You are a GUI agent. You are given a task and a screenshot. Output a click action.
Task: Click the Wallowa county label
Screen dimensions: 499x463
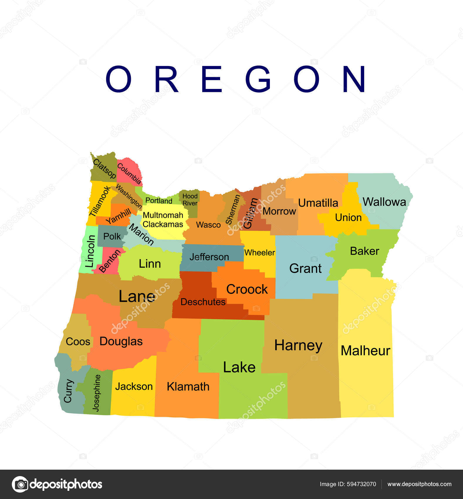[x=384, y=202]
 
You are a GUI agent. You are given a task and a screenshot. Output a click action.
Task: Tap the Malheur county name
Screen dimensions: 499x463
[x=365, y=351]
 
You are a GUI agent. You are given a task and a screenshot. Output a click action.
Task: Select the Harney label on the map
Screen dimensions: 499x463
[x=298, y=345]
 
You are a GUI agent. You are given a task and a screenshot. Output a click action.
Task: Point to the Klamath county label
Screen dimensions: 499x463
[x=188, y=387]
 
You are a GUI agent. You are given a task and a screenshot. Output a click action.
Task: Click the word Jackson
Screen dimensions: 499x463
[x=134, y=387]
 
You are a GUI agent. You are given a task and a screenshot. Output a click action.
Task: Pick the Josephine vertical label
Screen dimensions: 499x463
[x=96, y=393]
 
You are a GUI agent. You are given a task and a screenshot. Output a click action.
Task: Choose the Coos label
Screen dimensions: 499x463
[x=78, y=342]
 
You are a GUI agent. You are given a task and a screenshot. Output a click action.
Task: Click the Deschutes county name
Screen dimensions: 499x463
[x=203, y=302]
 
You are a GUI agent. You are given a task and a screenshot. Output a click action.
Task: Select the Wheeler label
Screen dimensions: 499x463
[x=260, y=252]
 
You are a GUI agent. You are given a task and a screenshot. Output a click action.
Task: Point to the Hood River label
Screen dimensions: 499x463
[x=190, y=200]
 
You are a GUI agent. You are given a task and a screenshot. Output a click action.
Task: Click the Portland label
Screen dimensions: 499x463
[x=159, y=201]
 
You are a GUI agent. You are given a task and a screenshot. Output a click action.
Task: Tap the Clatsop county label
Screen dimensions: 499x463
[x=104, y=168]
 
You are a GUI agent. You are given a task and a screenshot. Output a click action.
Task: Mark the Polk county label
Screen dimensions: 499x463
[x=112, y=236]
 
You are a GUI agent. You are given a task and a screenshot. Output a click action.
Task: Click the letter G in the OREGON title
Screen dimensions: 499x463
[x=258, y=79]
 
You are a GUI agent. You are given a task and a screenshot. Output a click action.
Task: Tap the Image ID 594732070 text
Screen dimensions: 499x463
[x=348, y=484]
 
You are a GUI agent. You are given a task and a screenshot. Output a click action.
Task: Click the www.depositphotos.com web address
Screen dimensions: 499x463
[x=419, y=484]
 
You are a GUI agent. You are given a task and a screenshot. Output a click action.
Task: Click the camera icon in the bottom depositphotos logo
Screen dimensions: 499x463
[x=20, y=484]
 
